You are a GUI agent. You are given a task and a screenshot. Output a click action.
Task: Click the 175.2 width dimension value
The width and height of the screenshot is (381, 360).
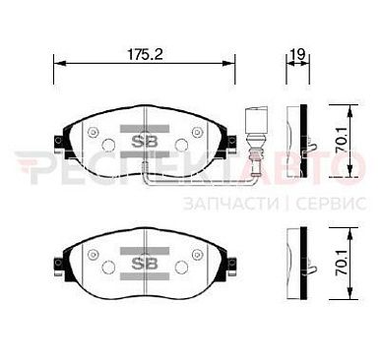click(x=145, y=54)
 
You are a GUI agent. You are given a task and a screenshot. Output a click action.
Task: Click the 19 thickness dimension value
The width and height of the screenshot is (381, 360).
click(x=298, y=54)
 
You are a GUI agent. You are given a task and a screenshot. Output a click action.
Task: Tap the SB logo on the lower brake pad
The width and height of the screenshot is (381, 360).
click(x=145, y=264)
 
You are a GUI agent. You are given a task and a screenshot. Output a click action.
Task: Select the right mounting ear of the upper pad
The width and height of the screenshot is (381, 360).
click(x=229, y=144)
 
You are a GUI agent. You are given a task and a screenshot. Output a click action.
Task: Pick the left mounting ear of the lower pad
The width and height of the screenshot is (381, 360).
click(x=60, y=266)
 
